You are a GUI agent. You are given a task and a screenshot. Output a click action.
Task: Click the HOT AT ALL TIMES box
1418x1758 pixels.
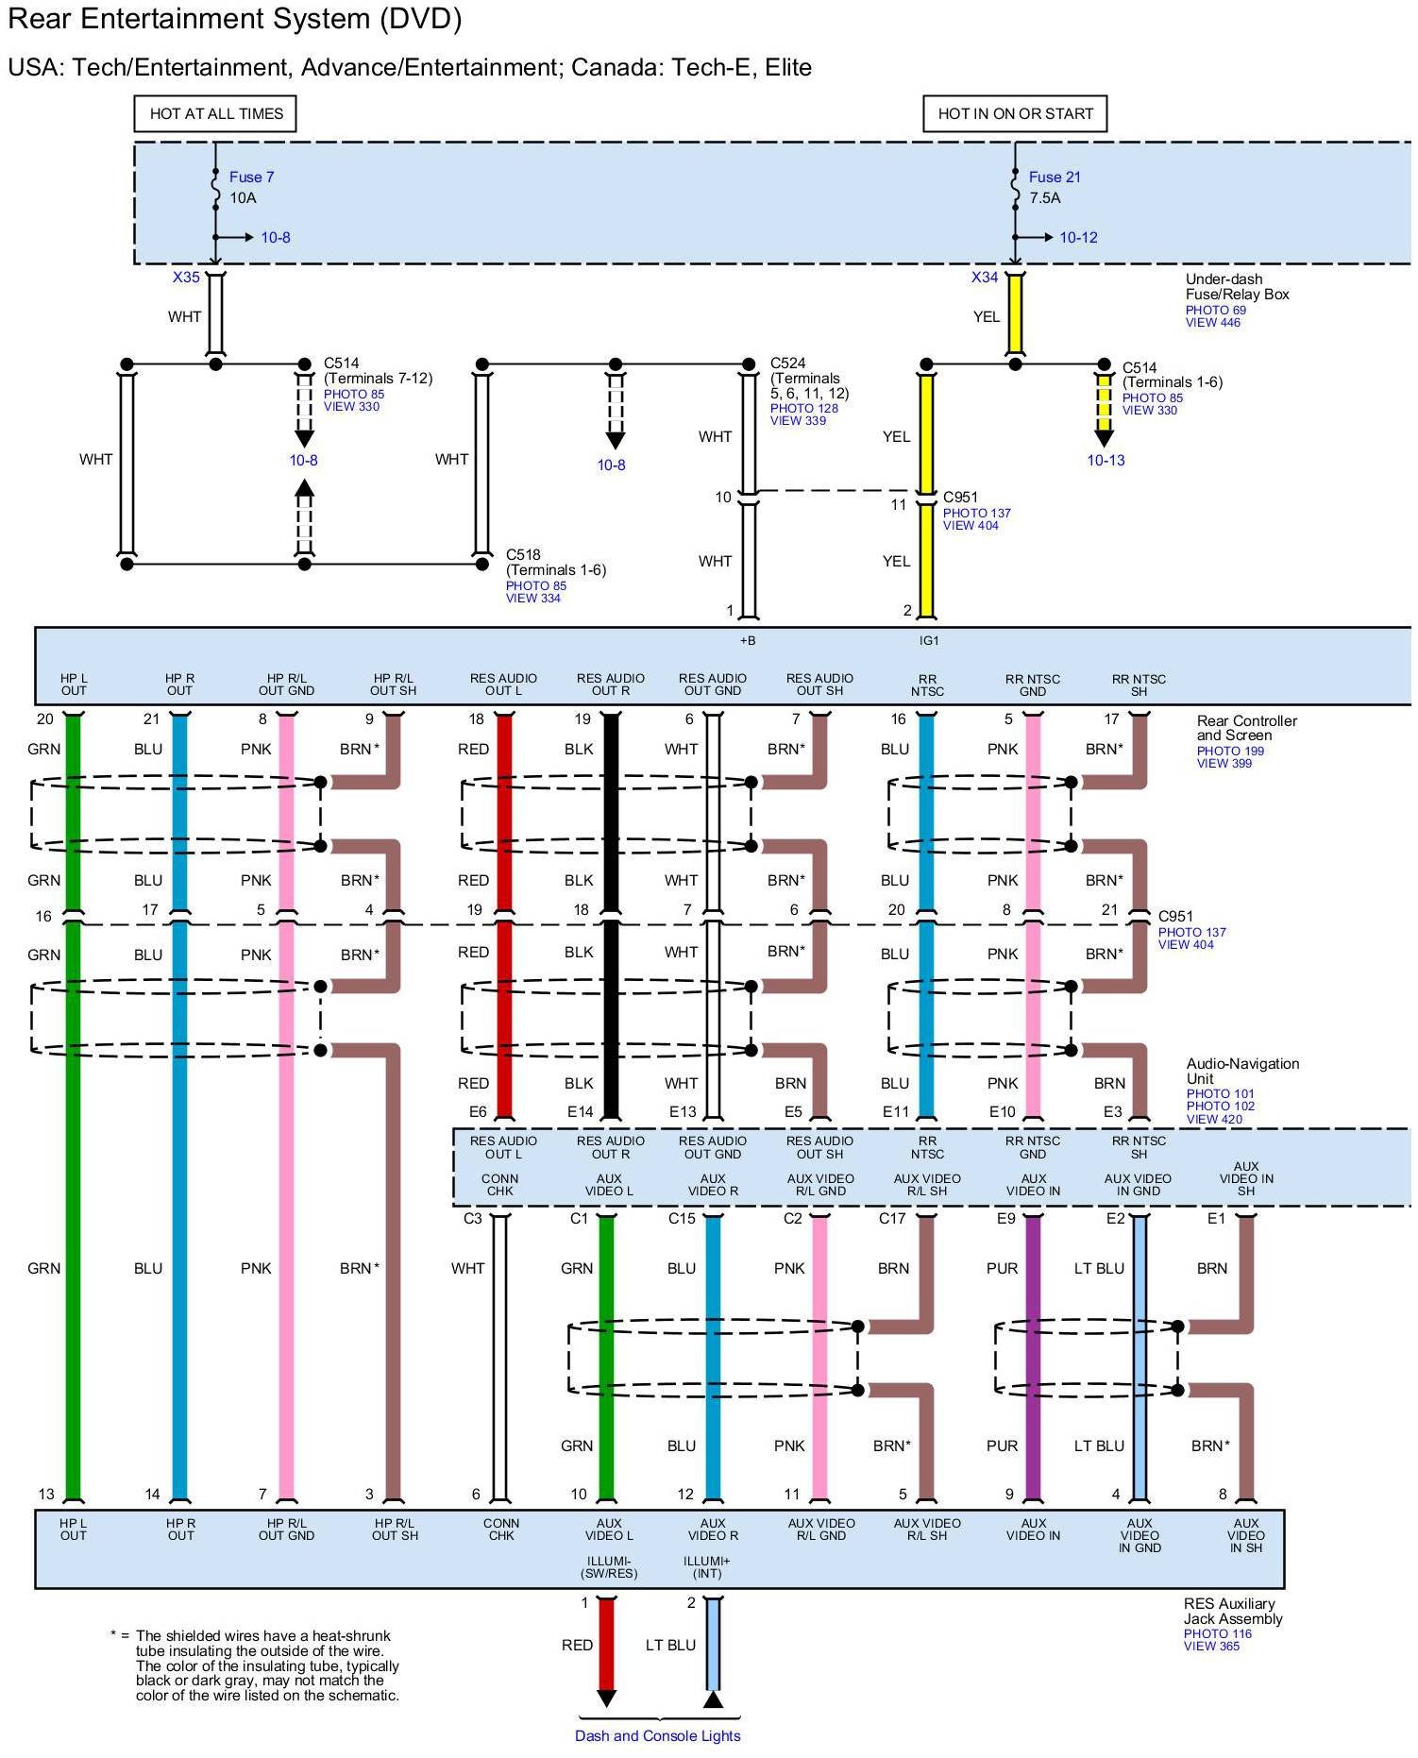215,113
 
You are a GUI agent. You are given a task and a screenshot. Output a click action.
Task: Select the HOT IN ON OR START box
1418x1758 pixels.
1015,113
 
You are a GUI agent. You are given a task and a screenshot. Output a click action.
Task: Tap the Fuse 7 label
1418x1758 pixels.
251,177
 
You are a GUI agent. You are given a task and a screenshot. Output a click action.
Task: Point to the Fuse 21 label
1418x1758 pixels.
1055,177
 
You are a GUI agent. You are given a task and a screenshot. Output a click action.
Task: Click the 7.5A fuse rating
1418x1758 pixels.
1045,198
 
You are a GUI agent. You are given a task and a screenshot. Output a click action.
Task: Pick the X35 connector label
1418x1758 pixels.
186,278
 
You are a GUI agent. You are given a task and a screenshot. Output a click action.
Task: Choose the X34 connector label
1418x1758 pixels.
985,278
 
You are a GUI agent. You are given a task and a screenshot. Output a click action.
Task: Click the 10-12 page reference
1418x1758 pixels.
1078,238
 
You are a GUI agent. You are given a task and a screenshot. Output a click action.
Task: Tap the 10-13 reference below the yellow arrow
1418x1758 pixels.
1106,461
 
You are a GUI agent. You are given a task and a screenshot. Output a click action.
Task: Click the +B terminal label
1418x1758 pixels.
748,641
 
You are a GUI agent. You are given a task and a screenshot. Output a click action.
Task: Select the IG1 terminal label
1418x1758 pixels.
929,641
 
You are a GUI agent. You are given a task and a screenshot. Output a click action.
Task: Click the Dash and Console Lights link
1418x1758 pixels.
657,1735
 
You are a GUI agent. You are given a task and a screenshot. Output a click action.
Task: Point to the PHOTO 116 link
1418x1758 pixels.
1217,1633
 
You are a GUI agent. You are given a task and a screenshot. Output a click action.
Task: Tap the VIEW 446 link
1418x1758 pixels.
1213,323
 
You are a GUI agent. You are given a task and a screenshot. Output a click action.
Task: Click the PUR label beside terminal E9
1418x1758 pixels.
1002,1268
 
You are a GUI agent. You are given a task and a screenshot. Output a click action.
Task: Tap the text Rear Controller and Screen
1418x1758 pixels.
1246,728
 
